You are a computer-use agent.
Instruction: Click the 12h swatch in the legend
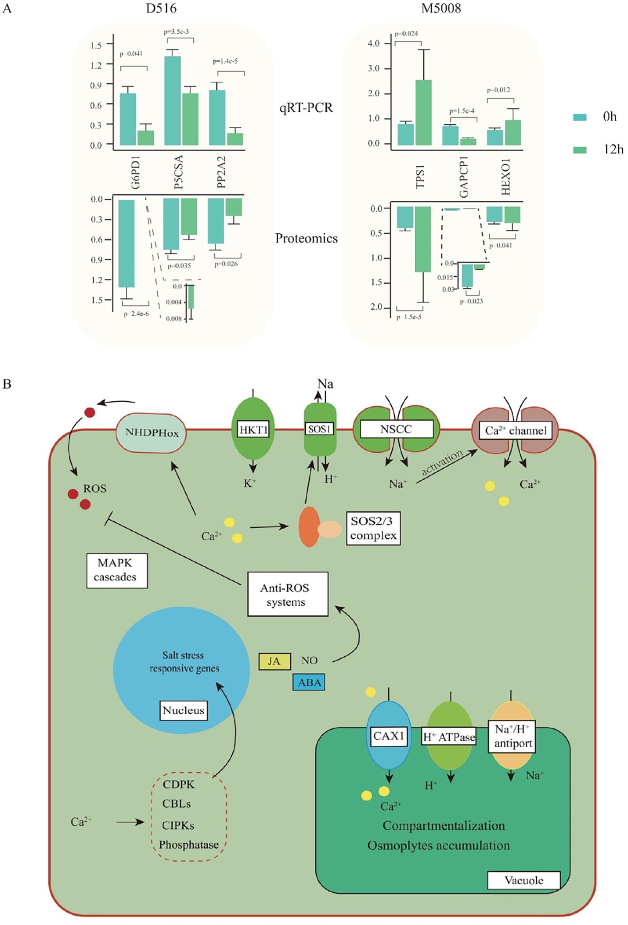(580, 150)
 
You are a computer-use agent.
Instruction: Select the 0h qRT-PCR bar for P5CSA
(172, 101)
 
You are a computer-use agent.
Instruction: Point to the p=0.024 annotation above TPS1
(406, 34)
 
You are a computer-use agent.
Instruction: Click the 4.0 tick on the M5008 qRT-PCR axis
(374, 43)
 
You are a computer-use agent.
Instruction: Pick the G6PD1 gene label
(136, 174)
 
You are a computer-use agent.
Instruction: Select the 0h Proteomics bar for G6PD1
(126, 243)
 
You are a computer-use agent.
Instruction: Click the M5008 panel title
(441, 8)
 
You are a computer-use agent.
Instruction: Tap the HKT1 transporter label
(254, 430)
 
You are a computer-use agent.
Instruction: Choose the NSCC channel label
(396, 429)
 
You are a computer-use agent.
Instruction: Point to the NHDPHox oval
(151, 433)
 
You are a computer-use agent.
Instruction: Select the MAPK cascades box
(117, 570)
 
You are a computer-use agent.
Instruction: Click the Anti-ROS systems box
(288, 594)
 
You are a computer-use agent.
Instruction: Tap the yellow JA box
(275, 662)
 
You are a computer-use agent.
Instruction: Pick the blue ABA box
(309, 682)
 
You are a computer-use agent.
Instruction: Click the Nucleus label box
(183, 710)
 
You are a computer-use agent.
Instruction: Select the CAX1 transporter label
(389, 736)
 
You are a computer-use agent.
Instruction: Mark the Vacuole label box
(523, 880)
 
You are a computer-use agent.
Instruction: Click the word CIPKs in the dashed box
(178, 825)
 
